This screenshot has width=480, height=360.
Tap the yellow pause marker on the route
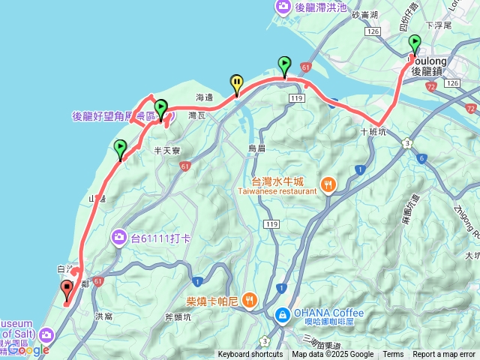(237, 83)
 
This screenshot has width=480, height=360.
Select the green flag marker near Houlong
(415, 44)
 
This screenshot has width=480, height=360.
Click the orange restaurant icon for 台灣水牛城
(328, 184)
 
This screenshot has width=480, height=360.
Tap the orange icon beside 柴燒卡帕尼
(250, 298)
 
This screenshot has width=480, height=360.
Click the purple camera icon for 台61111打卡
(119, 238)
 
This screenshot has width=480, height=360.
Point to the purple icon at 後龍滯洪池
(283, 7)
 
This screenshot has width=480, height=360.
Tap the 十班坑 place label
(373, 130)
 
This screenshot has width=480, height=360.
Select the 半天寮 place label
(166, 151)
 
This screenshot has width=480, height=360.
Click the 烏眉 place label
(257, 148)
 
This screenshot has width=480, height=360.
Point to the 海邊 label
(205, 97)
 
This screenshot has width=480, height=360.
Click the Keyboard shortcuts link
(250, 354)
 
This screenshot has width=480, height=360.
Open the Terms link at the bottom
(393, 354)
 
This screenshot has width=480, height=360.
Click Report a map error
(444, 354)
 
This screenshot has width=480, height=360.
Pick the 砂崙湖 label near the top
(365, 14)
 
